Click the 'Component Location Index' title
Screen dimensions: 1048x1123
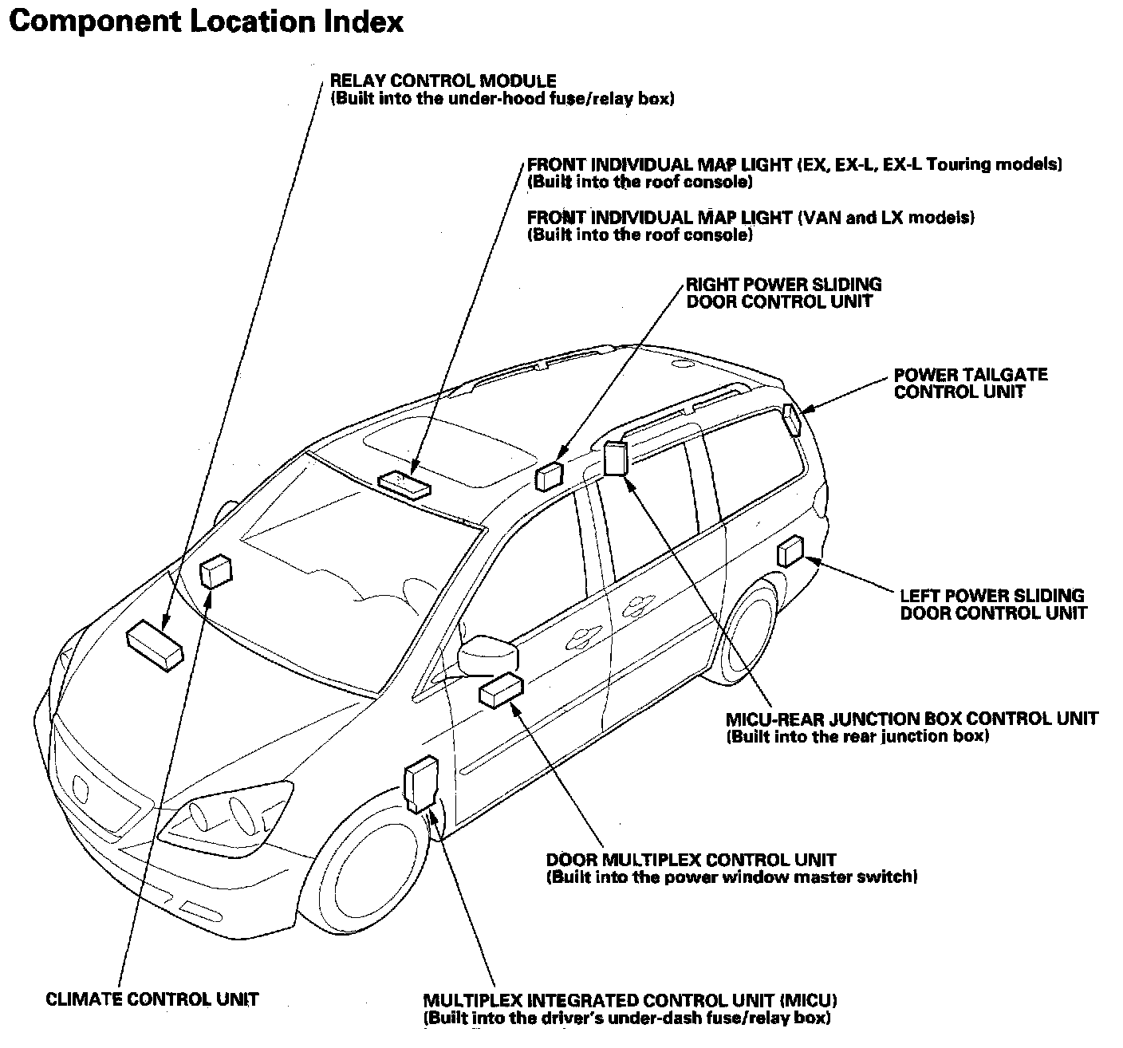pyautogui.click(x=206, y=22)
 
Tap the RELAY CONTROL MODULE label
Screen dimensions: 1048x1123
pyautogui.click(x=443, y=81)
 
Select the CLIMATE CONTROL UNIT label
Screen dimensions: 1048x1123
pyautogui.click(x=152, y=999)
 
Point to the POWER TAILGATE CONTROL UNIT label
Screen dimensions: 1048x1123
pyautogui.click(x=970, y=383)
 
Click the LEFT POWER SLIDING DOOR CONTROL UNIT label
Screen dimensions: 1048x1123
pyautogui.click(x=992, y=604)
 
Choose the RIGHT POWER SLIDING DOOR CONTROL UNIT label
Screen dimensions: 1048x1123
pyautogui.click(x=783, y=293)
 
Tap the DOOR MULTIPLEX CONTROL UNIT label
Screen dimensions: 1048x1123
pyautogui.click(x=691, y=860)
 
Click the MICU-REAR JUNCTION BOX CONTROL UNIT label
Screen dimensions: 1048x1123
pyautogui.click(x=912, y=719)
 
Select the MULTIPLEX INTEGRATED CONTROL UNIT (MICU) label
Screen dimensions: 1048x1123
pyautogui.click(x=630, y=1000)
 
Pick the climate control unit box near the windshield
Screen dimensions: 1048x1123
pyautogui.click(x=215, y=571)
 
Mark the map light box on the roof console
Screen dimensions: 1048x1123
pyautogui.click(x=404, y=483)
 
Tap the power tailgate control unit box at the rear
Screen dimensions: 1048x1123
pyautogui.click(x=791, y=420)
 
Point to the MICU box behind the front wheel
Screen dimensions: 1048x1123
pyautogui.click(x=420, y=783)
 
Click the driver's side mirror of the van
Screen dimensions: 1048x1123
pyautogui.click(x=488, y=654)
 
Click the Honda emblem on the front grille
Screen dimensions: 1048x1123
pyautogui.click(x=82, y=786)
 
